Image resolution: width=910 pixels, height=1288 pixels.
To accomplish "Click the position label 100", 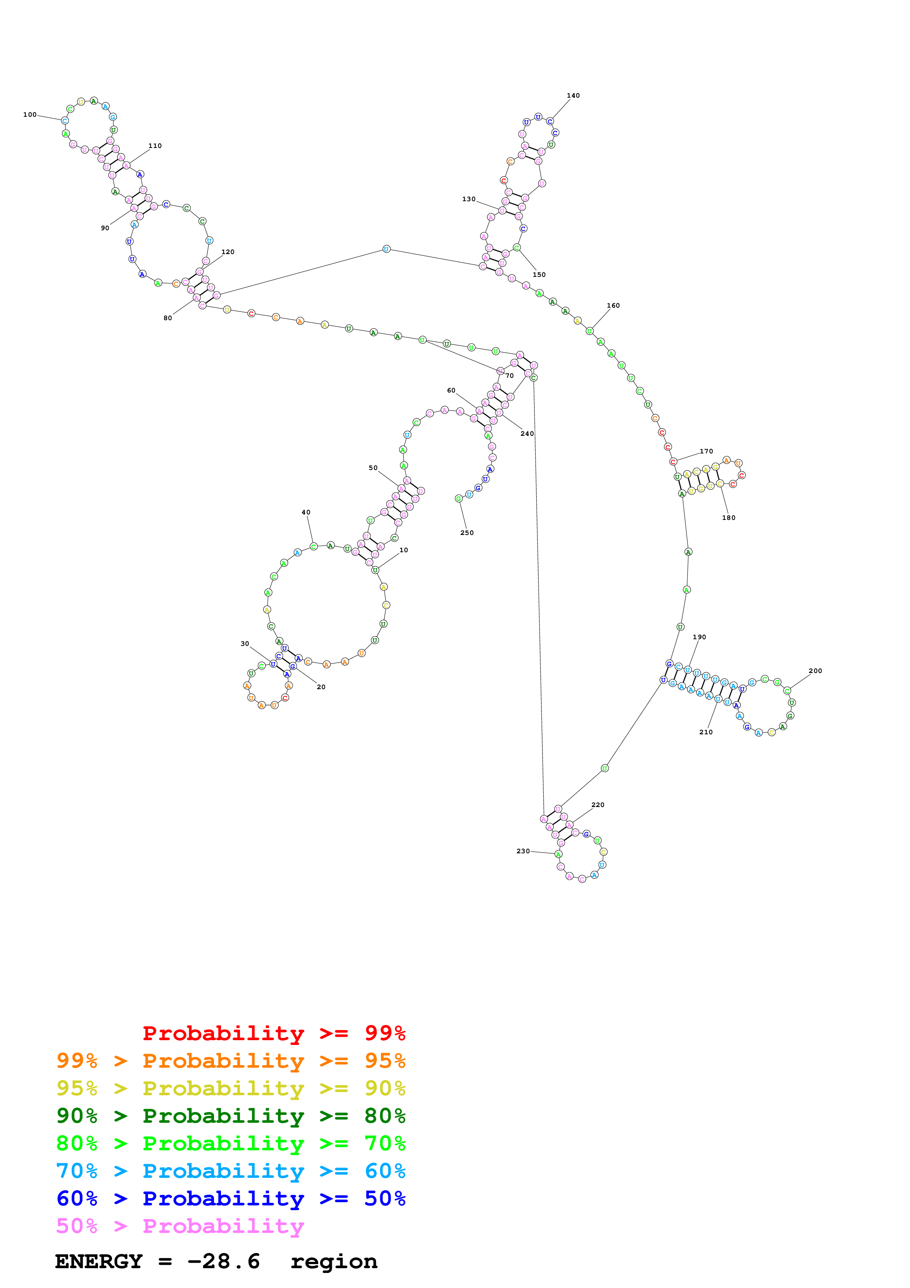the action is click(x=30, y=115).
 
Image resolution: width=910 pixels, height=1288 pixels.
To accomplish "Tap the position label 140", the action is click(x=573, y=96).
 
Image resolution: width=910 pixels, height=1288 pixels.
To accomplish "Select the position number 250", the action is click(x=467, y=533).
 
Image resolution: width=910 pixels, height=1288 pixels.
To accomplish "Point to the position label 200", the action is click(x=815, y=671).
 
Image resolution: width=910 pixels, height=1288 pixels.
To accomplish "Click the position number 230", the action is click(x=523, y=851).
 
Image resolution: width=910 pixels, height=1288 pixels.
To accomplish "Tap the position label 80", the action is click(x=168, y=318).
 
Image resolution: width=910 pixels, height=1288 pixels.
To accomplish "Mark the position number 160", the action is click(x=613, y=306).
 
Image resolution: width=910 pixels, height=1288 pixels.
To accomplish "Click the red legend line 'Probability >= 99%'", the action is click(x=273, y=1033).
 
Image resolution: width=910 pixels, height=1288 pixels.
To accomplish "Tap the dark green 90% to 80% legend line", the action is click(x=231, y=1116).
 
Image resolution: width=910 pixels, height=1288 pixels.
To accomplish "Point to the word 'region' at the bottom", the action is click(x=334, y=1262).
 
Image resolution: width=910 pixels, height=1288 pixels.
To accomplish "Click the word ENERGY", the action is click(x=99, y=1261).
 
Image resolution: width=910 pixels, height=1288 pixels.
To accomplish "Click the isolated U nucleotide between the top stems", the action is click(x=386, y=249).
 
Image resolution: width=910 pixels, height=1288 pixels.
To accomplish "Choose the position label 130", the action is click(x=469, y=199).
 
